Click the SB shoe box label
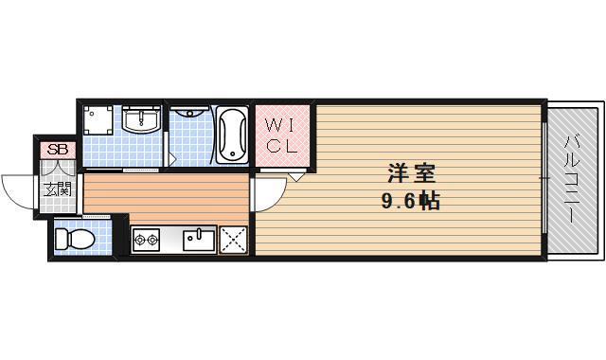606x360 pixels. (58, 149)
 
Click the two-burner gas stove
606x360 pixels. (147, 240)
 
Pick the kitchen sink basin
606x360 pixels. (200, 238)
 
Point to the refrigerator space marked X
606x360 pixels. (233, 240)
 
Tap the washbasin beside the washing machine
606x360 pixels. (144, 120)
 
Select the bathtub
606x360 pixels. (232, 135)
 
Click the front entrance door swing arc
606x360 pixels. (17, 189)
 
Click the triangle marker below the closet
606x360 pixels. (296, 175)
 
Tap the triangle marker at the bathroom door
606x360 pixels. (171, 155)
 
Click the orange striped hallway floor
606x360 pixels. (166, 195)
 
